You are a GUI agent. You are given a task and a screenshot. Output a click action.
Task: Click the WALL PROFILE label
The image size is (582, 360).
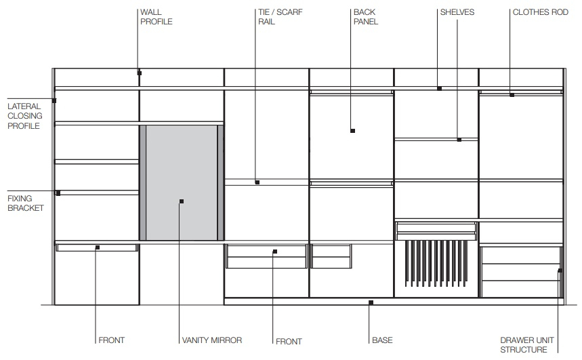(157, 17)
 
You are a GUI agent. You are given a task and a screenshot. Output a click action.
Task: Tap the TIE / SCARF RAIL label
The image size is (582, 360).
(280, 17)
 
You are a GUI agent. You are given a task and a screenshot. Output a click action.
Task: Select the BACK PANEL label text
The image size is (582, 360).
(366, 17)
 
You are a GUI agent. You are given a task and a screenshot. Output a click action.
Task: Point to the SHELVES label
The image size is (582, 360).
(457, 12)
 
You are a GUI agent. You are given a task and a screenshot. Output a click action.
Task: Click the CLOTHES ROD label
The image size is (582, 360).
(541, 12)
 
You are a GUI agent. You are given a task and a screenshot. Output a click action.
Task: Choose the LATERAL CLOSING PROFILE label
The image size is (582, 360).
(25, 116)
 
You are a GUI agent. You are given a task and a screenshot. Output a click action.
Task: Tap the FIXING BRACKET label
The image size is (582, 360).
(26, 203)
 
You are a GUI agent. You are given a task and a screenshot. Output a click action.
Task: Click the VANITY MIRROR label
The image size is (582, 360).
(212, 340)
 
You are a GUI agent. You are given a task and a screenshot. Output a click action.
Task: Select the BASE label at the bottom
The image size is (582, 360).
(382, 340)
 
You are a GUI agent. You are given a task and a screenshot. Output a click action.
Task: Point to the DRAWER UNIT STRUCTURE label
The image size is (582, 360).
(527, 345)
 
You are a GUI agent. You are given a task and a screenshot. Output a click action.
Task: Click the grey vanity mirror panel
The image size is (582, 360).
(182, 182)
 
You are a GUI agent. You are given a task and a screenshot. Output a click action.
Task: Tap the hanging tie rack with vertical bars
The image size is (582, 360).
(436, 263)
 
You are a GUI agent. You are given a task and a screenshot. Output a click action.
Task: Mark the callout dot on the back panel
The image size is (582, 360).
(352, 131)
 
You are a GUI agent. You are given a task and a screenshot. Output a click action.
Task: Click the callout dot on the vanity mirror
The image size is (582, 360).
(182, 201)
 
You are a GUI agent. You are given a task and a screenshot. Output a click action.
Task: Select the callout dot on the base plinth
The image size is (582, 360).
(371, 303)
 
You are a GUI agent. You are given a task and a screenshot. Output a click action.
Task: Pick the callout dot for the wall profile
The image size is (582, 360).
(140, 73)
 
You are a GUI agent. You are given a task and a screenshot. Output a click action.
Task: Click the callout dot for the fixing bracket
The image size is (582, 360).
(58, 193)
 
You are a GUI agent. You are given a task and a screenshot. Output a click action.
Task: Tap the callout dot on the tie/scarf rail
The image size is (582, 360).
(257, 182)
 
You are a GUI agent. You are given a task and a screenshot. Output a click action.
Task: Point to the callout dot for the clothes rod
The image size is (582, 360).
(512, 95)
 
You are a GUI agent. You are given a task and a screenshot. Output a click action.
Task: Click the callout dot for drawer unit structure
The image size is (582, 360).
(560, 271)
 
